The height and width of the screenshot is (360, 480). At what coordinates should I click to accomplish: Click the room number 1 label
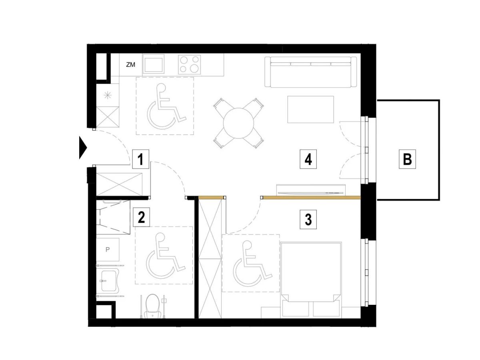140,159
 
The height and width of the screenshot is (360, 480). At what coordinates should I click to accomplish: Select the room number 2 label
141,217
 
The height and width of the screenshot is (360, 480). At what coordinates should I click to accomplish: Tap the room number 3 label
308,220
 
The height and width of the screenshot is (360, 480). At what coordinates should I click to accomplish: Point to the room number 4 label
308,159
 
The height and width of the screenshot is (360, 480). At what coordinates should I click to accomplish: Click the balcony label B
407,159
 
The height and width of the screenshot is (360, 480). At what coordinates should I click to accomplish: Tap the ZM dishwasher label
130,65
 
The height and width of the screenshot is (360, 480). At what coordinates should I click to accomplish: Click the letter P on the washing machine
107,250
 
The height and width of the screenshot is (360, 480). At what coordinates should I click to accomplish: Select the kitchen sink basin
153,64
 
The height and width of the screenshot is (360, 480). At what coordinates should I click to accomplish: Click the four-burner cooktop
189,64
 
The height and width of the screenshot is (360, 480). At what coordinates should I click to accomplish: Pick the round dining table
238,123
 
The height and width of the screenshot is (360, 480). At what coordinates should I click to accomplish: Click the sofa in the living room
310,72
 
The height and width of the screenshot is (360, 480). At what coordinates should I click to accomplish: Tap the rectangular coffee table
310,109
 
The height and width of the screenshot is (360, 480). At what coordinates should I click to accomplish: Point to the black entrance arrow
83,148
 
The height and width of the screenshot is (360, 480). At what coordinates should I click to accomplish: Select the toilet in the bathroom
152,306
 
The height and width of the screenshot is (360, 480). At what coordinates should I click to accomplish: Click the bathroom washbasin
108,281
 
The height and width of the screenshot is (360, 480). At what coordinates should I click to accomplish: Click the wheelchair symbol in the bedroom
252,263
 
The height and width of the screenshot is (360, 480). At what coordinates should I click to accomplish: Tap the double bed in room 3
311,279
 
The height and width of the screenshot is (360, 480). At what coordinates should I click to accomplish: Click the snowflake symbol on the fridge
107,96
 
